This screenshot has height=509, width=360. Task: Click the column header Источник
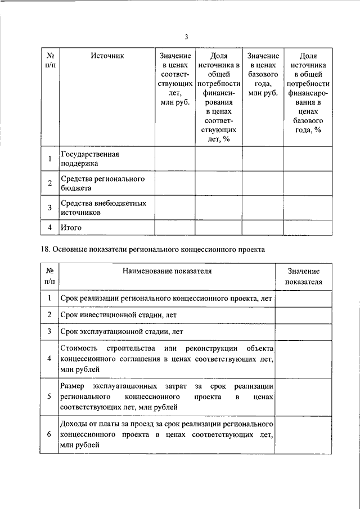tap(106, 56)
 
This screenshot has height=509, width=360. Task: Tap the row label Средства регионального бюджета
tap(95, 183)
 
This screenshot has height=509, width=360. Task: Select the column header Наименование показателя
tap(167, 271)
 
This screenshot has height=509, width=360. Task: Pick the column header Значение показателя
tap(303, 276)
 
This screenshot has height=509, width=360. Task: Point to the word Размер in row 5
tap(73, 386)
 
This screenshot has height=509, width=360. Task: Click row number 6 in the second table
tap(49, 434)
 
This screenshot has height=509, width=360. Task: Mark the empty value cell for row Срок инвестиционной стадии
tap(303, 314)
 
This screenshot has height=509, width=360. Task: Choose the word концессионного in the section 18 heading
tap(217, 249)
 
